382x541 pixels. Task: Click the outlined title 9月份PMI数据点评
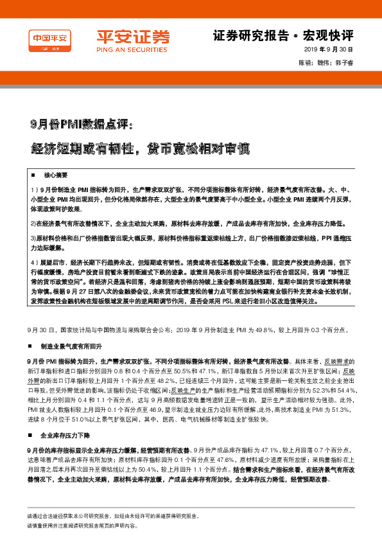point(81,122)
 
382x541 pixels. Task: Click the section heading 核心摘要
point(55,175)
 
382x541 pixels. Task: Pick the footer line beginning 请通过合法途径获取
point(112,516)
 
